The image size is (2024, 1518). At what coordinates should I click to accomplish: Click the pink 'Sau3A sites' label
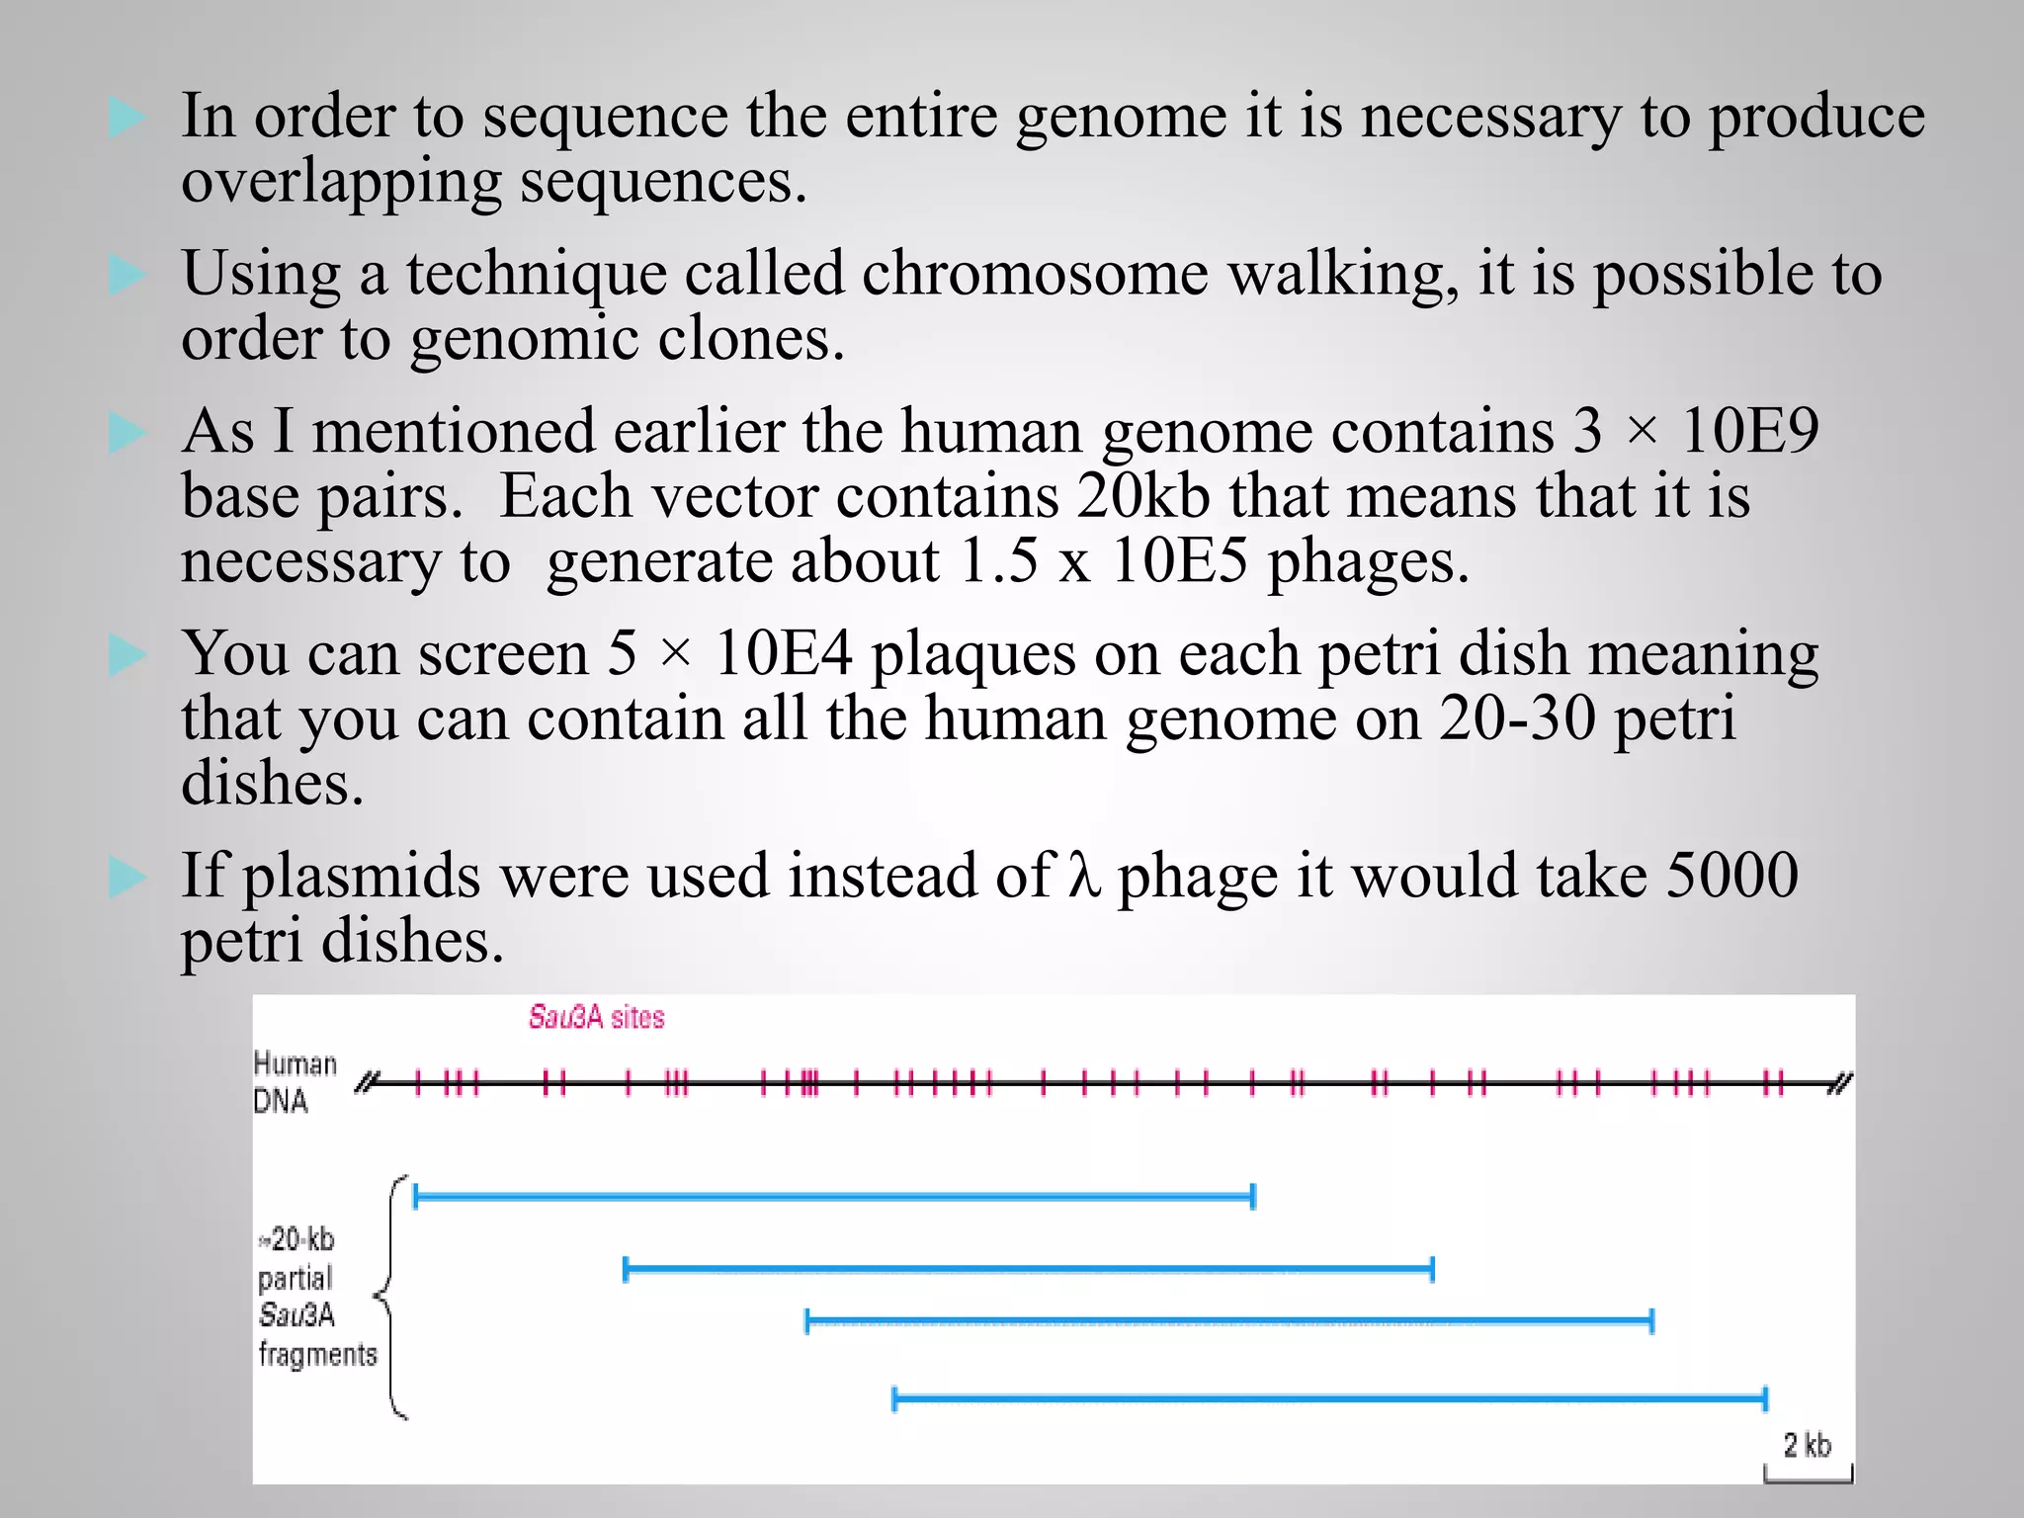(596, 1017)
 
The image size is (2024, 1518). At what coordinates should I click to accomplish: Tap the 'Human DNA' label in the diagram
(295, 1082)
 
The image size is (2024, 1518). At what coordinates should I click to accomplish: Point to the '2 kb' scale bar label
(1807, 1445)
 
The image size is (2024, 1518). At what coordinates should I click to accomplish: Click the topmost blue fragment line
(833, 1197)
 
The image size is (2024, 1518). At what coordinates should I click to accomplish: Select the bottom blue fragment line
(1329, 1398)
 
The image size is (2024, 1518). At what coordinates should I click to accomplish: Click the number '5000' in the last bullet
(1732, 876)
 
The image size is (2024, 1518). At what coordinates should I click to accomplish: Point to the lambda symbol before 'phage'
(1083, 876)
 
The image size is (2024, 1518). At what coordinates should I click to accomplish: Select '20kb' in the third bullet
(1143, 496)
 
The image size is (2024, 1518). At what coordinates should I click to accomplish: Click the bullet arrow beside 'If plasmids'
(127, 877)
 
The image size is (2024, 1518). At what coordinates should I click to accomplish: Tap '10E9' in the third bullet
(1749, 431)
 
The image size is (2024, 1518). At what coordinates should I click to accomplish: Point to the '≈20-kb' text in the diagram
(297, 1239)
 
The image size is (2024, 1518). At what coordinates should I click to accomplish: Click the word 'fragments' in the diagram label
(318, 1354)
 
